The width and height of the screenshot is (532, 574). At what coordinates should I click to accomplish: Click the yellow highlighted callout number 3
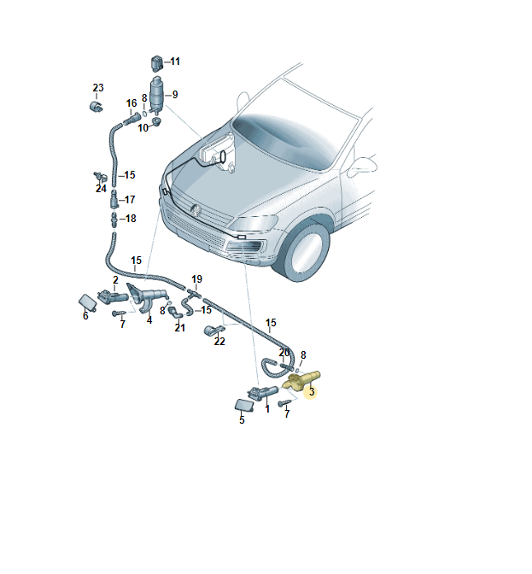click(x=312, y=392)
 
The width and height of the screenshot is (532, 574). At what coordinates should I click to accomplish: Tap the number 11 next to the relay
click(x=175, y=61)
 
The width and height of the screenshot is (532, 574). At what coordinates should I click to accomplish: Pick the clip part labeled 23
click(x=96, y=106)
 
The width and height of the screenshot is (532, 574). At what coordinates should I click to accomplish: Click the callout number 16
click(x=132, y=103)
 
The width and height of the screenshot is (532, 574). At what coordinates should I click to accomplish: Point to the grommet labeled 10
click(x=156, y=121)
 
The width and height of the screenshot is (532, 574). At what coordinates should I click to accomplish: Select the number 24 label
click(x=101, y=189)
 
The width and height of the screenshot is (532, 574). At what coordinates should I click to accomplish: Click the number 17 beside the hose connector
click(x=130, y=200)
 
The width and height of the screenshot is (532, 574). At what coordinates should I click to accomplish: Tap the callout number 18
click(x=131, y=219)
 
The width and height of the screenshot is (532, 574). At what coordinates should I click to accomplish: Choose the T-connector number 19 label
click(x=197, y=279)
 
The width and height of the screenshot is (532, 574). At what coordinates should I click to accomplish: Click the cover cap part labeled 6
click(x=88, y=302)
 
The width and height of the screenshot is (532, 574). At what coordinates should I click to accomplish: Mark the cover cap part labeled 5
click(x=244, y=405)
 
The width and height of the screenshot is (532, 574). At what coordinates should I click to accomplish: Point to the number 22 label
click(x=219, y=341)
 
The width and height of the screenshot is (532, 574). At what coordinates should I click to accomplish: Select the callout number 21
click(x=179, y=328)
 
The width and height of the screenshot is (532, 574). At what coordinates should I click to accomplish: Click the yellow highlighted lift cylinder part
click(x=301, y=381)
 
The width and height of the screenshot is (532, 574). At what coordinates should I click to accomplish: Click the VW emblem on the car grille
click(x=196, y=210)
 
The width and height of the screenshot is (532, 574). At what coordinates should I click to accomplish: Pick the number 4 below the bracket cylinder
click(x=149, y=320)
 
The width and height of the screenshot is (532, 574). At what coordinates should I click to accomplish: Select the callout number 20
click(x=284, y=353)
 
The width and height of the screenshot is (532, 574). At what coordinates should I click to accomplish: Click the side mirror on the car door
click(x=362, y=167)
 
